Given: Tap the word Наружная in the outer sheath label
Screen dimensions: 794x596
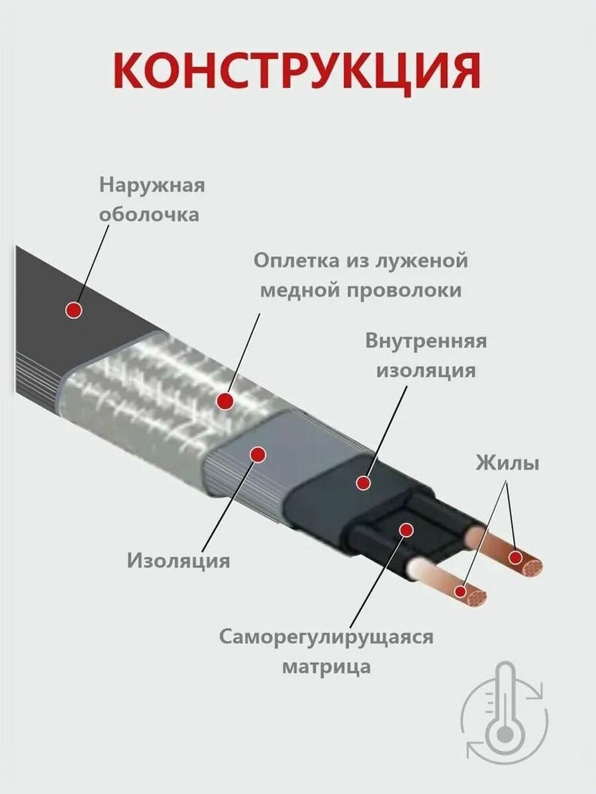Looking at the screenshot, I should coord(152,185).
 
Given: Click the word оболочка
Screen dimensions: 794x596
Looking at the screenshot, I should coord(148,215).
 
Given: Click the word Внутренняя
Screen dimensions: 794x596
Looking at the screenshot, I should coord(426,341).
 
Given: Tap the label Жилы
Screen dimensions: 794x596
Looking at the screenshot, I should coord(507,463).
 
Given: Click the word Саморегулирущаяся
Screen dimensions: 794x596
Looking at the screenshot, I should coord(326,637).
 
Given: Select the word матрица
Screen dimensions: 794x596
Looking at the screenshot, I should coord(326,666).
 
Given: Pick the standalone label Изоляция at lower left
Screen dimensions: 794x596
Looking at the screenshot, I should coord(178,561).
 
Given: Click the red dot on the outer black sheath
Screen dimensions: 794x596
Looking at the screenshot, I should coord(74,310).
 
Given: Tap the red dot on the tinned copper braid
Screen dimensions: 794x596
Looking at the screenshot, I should coord(226,400).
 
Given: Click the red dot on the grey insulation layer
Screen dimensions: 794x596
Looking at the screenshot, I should coord(258,454).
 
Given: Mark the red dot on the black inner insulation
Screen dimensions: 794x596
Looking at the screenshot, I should coord(362,483).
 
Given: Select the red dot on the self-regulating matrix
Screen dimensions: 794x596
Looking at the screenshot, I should coord(406,529).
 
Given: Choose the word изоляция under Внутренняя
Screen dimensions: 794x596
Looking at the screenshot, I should coord(426,371).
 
